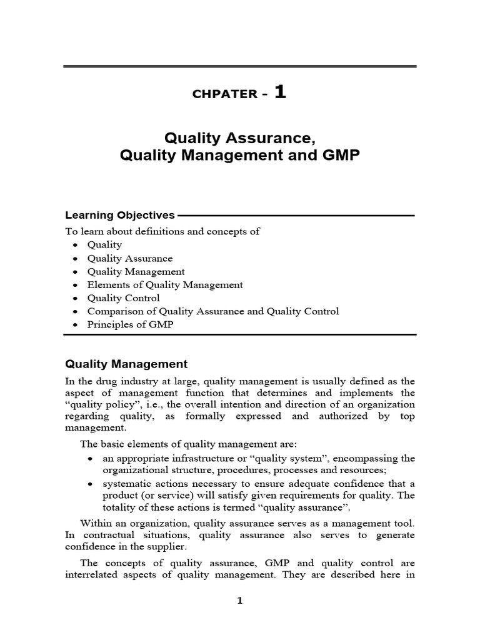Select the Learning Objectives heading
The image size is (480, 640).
click(x=120, y=215)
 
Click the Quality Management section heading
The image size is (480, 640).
click(x=126, y=363)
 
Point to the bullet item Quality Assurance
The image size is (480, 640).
click(x=129, y=258)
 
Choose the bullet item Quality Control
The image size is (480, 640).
click(x=123, y=298)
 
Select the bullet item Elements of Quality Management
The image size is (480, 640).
click(x=165, y=284)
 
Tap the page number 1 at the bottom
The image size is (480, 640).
click(x=239, y=601)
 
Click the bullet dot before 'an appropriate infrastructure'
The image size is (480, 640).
click(x=91, y=459)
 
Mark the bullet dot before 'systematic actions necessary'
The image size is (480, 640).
click(x=91, y=484)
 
